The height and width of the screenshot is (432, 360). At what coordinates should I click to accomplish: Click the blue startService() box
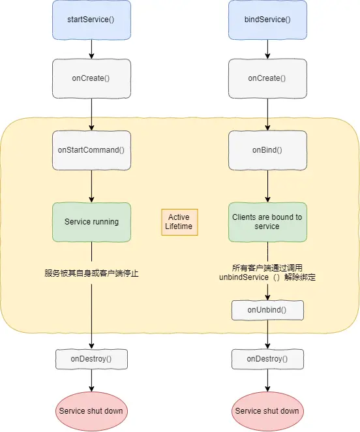click(x=91, y=19)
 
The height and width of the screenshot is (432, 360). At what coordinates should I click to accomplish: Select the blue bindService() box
click(x=267, y=19)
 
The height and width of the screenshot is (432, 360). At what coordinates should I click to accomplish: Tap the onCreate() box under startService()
click(x=91, y=78)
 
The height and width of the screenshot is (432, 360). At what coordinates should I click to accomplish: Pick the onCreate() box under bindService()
click(x=267, y=78)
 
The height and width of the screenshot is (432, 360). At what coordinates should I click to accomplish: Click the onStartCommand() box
click(x=91, y=150)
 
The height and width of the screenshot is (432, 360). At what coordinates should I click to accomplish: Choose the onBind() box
click(x=267, y=150)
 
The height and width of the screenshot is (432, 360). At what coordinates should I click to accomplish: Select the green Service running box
click(x=91, y=221)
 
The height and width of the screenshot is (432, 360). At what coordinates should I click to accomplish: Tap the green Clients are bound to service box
click(x=267, y=221)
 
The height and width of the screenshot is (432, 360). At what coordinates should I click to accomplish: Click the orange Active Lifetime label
click(x=179, y=221)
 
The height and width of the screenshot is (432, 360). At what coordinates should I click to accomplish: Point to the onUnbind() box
click(x=267, y=310)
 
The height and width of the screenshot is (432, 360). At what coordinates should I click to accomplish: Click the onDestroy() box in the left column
click(x=91, y=359)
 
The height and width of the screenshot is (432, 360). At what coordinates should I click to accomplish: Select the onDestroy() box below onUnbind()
click(x=267, y=359)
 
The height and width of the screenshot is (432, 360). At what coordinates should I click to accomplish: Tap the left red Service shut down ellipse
click(x=91, y=411)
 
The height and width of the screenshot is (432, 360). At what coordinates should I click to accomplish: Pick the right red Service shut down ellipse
click(x=267, y=411)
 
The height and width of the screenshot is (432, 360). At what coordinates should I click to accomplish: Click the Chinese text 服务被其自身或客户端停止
click(x=91, y=273)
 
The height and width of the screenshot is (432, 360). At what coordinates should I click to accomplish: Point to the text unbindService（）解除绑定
click(x=267, y=277)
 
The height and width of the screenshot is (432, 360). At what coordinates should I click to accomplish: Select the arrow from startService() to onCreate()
click(x=91, y=49)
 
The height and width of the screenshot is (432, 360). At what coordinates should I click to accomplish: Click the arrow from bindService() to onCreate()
click(x=267, y=49)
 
